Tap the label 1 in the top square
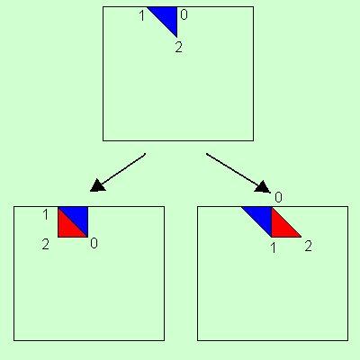click(x=141, y=15)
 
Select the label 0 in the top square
click(x=184, y=15)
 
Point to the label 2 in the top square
click(x=178, y=47)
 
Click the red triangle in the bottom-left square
click(x=67, y=229)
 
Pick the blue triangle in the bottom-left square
click(x=77, y=217)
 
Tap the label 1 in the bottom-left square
click(x=46, y=215)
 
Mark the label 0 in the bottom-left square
click(x=94, y=244)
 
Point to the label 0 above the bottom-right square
click(x=279, y=197)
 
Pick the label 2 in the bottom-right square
click(x=308, y=245)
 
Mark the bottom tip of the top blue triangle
click(x=176, y=37)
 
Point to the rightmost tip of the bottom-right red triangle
click(x=301, y=238)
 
